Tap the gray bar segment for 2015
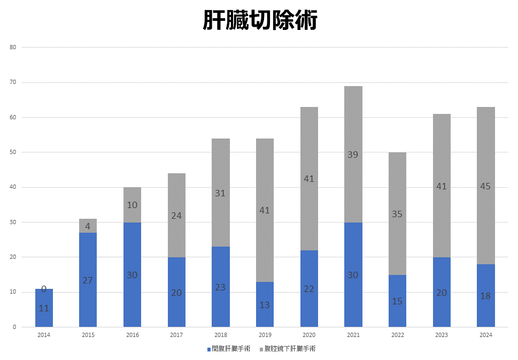point(88,225)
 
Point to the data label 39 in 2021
point(353,155)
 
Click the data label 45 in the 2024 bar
point(485,187)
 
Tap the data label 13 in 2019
point(265,305)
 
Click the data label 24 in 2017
point(176,216)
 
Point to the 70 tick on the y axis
point(13,82)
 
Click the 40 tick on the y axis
point(13,187)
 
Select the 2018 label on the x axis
point(221,335)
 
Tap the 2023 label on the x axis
point(442,335)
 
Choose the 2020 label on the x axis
point(309,335)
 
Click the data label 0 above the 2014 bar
point(44,289)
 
